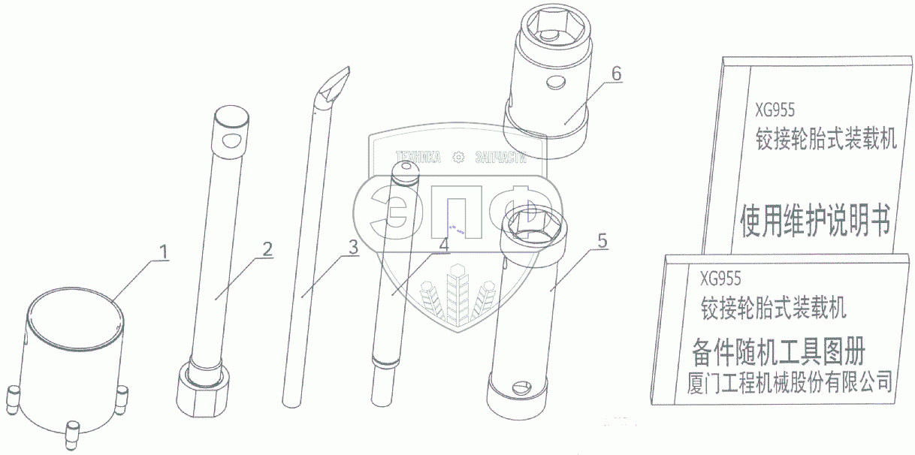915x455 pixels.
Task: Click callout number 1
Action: (x=164, y=252)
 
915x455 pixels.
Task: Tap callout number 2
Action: (x=267, y=249)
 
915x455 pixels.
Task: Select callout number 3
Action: (x=353, y=247)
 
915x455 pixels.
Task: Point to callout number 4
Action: (x=444, y=245)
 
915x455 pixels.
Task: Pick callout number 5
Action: (x=602, y=241)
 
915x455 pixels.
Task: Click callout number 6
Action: (x=617, y=74)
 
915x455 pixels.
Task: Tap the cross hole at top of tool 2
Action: (x=232, y=141)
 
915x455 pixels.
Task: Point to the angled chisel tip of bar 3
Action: (x=335, y=86)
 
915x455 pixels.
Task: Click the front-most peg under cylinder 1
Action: (x=72, y=432)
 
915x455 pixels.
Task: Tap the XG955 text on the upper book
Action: (x=775, y=110)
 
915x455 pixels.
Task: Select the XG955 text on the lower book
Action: (x=720, y=279)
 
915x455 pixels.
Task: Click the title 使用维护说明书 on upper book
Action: (x=816, y=221)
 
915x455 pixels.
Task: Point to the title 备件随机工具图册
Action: (x=778, y=351)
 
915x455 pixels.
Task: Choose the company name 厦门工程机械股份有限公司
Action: (x=790, y=382)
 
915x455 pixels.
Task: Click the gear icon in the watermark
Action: (x=459, y=157)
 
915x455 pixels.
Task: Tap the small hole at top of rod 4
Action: (x=406, y=166)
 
